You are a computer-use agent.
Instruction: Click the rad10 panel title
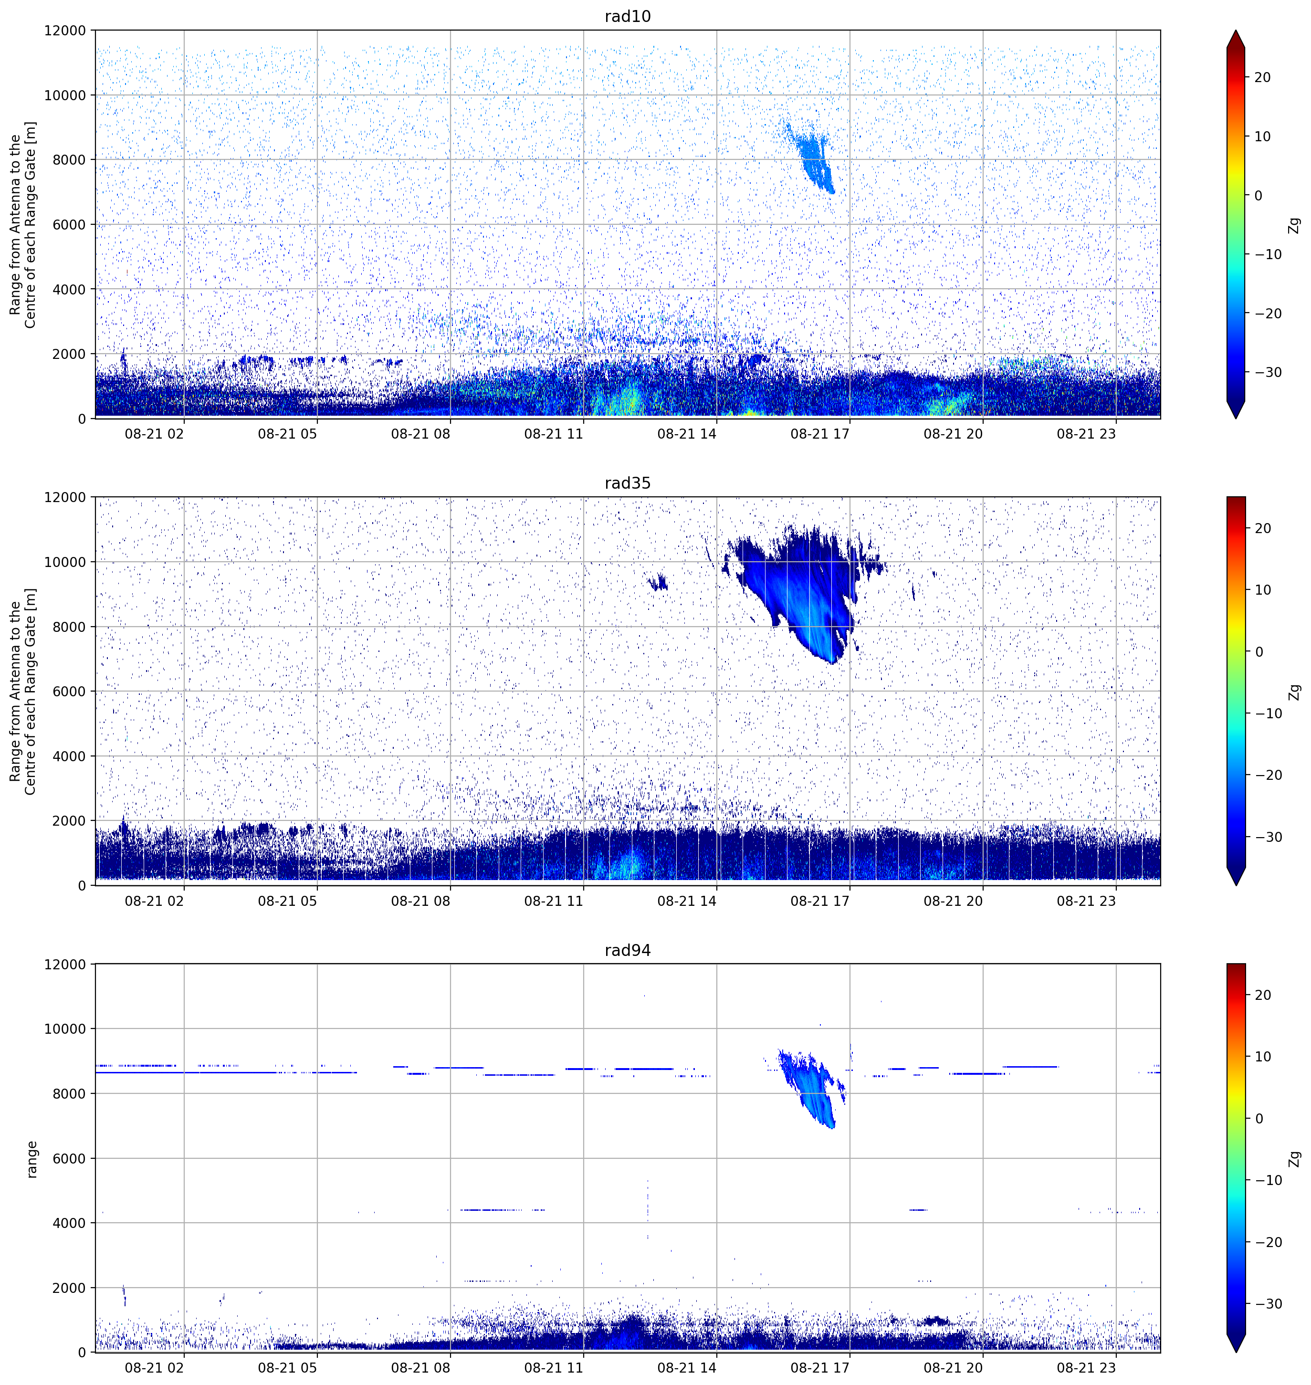coord(628,16)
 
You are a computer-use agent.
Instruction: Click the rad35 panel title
coord(628,483)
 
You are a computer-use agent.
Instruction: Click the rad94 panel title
coord(628,950)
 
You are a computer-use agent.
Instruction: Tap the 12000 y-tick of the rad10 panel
coord(65,31)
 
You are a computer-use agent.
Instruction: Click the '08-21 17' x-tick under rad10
coord(820,434)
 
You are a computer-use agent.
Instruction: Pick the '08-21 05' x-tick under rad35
coord(287,901)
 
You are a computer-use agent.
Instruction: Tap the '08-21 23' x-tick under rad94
coord(1086,1367)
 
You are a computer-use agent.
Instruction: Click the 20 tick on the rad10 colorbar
coord(1262,78)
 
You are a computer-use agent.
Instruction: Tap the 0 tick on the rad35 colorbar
coord(1259,652)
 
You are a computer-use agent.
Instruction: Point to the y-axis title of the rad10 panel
coord(23,225)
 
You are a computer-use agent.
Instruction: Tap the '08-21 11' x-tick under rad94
coord(554,1367)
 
